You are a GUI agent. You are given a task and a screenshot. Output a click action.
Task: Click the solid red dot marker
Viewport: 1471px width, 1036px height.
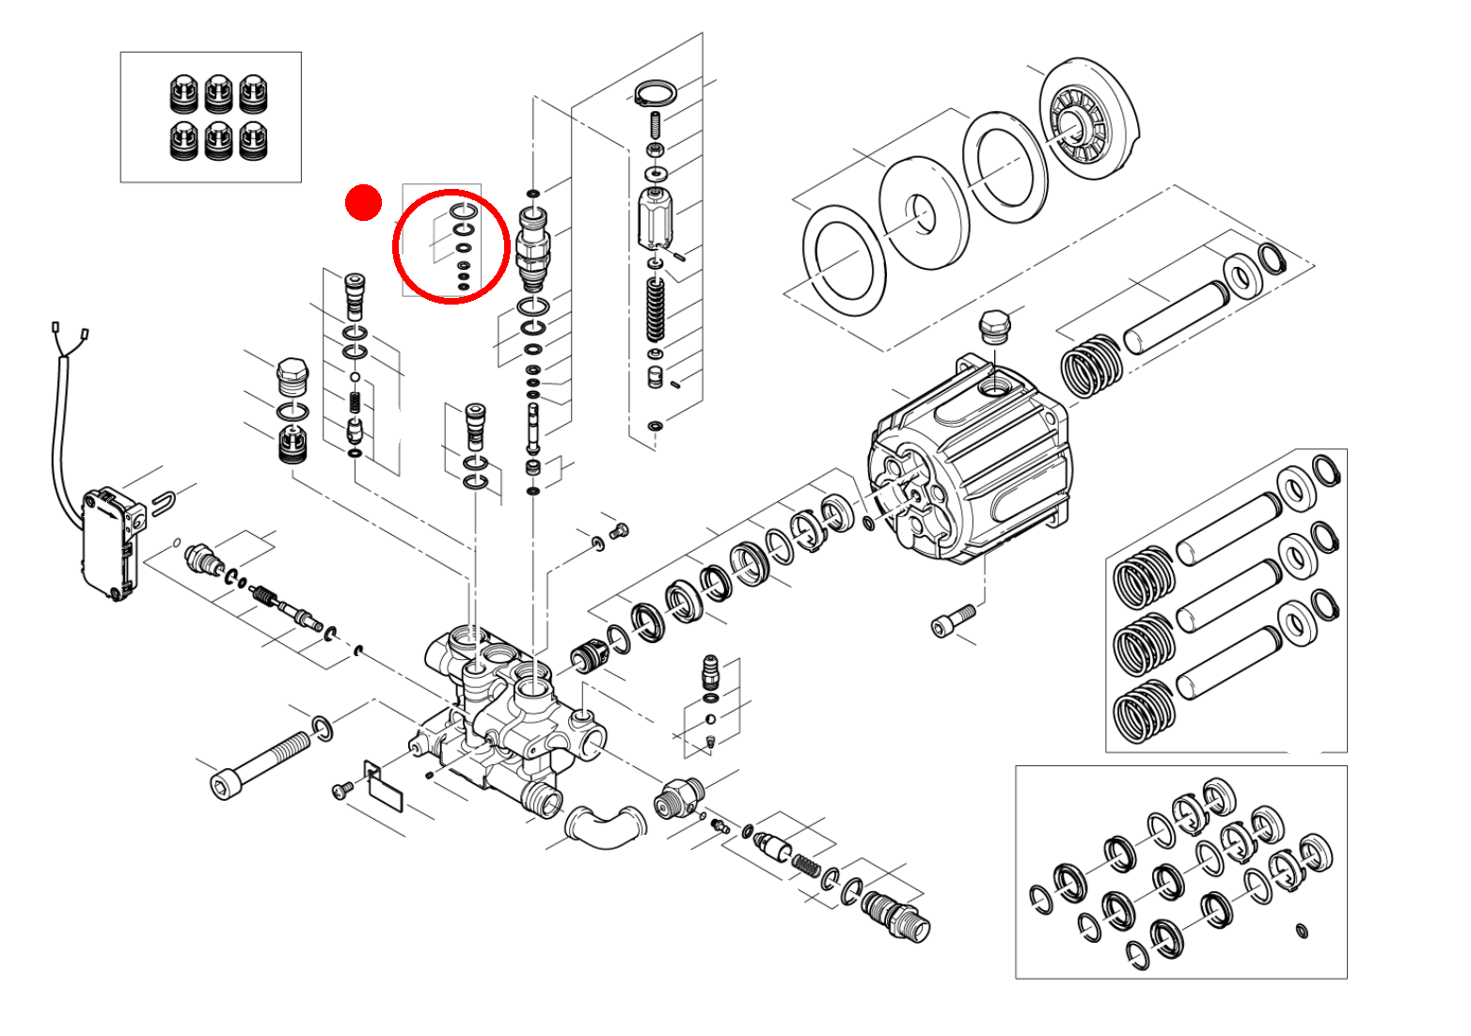tap(363, 203)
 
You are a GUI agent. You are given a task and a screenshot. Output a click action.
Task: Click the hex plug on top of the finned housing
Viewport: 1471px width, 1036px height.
tap(994, 328)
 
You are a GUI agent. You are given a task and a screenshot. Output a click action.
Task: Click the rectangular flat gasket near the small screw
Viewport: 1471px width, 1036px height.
tap(384, 788)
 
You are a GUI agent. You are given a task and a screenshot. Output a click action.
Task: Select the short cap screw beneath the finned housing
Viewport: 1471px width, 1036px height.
tap(952, 621)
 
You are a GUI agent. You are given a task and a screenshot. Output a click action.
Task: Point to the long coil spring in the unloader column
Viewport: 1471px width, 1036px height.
tap(655, 310)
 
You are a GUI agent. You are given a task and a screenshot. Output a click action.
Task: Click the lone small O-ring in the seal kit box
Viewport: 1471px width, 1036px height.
tap(1302, 931)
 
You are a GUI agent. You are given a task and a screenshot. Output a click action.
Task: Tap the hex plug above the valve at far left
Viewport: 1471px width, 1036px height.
tap(292, 376)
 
